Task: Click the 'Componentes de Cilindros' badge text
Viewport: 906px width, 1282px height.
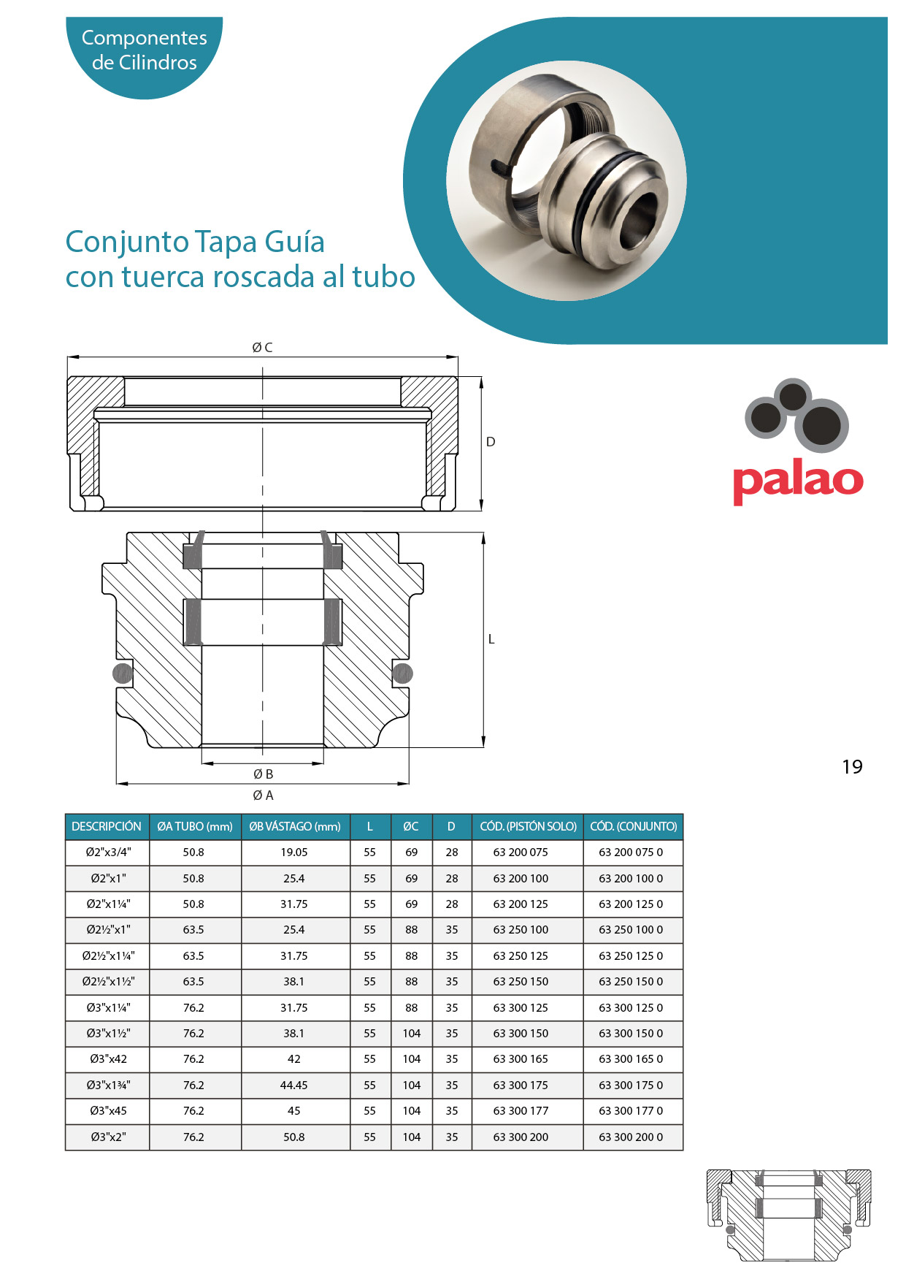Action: pyautogui.click(x=145, y=50)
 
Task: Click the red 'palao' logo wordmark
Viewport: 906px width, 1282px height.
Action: pyautogui.click(x=798, y=481)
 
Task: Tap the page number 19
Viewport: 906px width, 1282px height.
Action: pyautogui.click(x=852, y=766)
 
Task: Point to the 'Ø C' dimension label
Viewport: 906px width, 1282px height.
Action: pyautogui.click(x=262, y=348)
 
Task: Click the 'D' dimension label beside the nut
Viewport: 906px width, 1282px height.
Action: pyautogui.click(x=491, y=442)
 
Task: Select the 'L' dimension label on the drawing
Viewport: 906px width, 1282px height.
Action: pyautogui.click(x=491, y=639)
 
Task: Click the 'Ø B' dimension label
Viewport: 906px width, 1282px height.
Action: pyautogui.click(x=263, y=774)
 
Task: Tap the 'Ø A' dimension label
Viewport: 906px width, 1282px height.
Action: pyautogui.click(x=263, y=795)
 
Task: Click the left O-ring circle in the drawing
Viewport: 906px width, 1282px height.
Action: pyautogui.click(x=123, y=674)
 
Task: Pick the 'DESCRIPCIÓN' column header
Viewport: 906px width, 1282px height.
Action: pyautogui.click(x=107, y=826)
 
